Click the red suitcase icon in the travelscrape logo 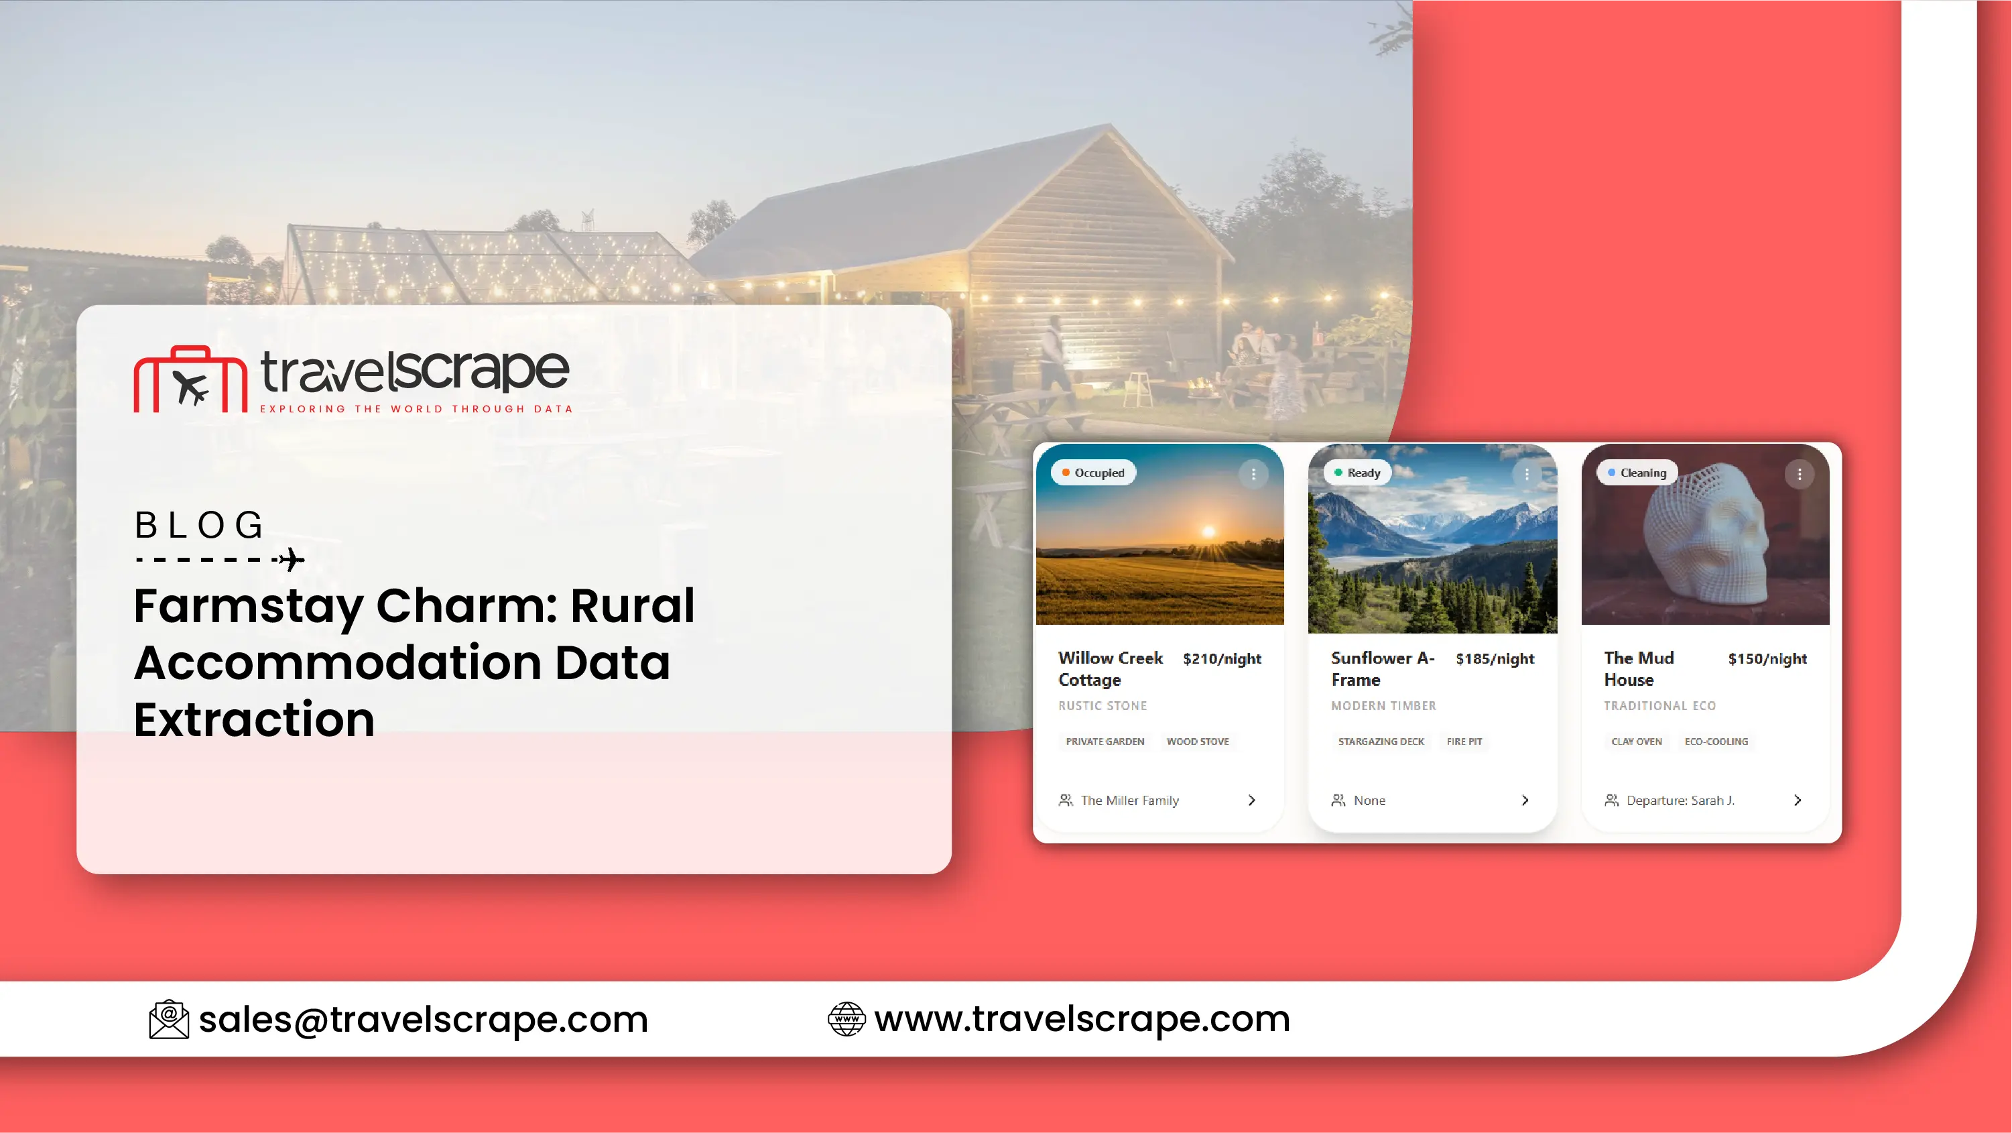click(190, 379)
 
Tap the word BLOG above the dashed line click(199, 525)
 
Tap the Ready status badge click(1357, 473)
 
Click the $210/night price click(1222, 659)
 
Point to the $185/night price click(1495, 659)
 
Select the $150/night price click(1767, 659)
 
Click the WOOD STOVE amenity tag click(1198, 741)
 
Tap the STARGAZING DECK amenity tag click(1381, 741)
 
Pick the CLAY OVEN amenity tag click(1636, 741)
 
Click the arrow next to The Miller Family click(1252, 800)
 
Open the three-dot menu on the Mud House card click(1800, 474)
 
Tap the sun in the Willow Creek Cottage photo click(1208, 532)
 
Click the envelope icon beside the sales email click(169, 1019)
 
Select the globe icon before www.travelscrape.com click(846, 1019)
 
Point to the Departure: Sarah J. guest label click(1680, 800)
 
